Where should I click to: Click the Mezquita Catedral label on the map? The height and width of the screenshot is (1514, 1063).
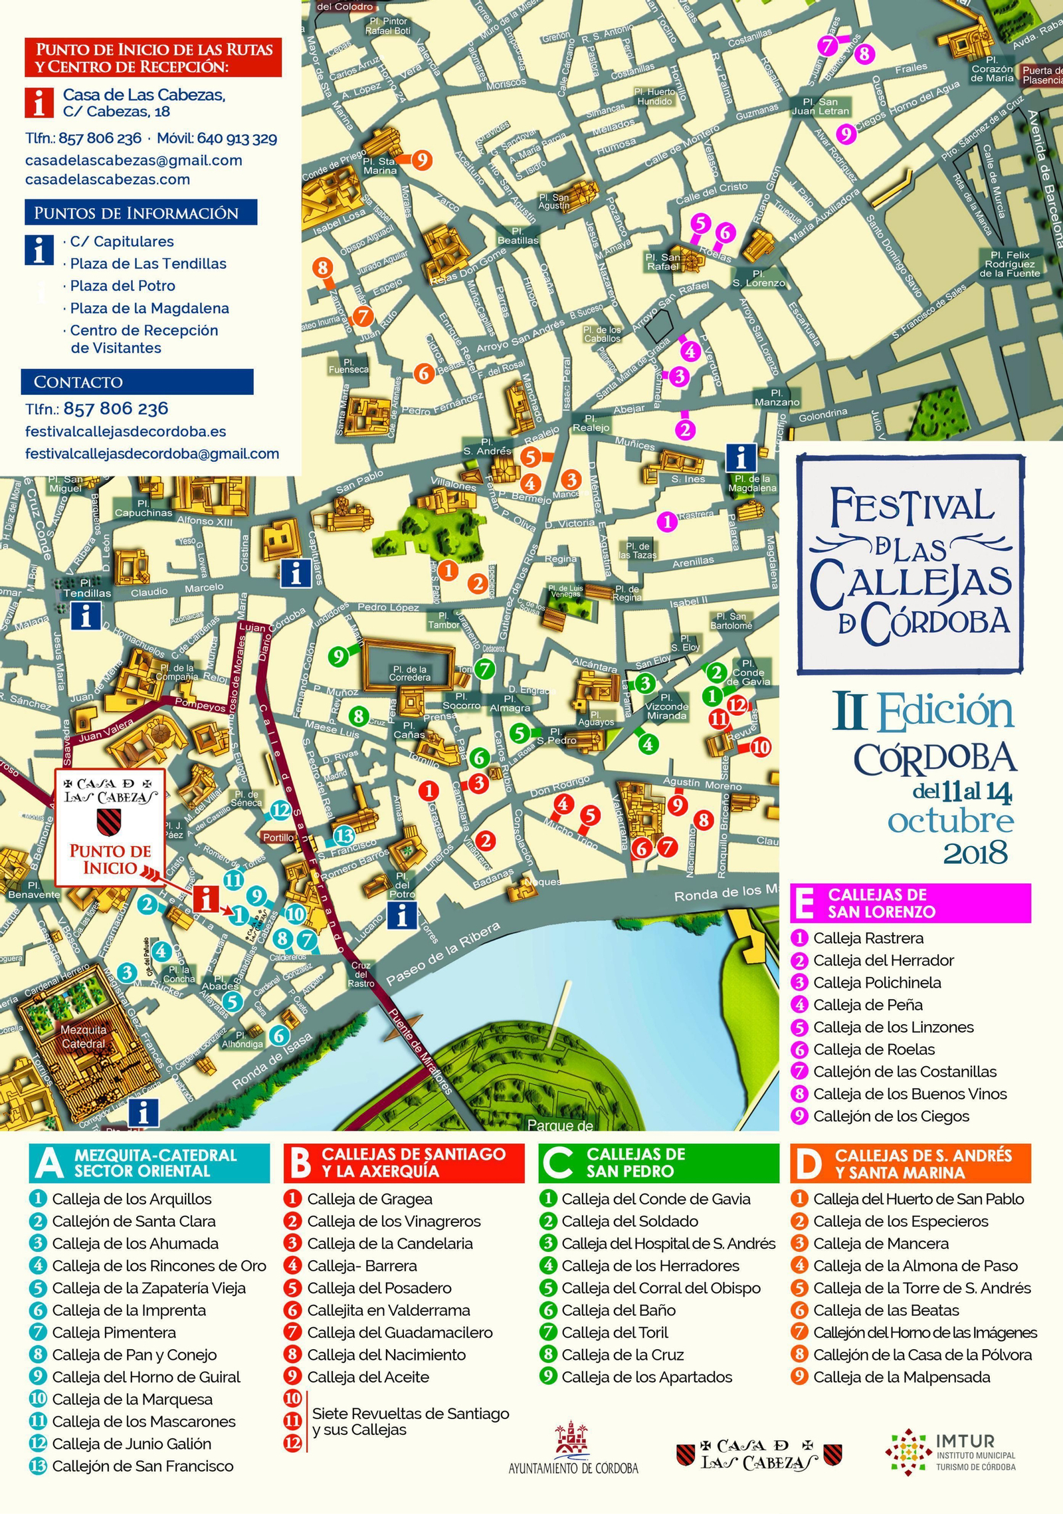[83, 1037]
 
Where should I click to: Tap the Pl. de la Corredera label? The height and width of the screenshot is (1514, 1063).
[410, 673]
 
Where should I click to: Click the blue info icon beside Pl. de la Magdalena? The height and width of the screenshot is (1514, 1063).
[741, 457]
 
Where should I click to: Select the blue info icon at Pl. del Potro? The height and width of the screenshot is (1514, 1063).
[402, 917]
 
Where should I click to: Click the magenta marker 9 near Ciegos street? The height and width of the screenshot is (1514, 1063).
[845, 134]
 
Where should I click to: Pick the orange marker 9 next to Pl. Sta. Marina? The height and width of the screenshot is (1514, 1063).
[421, 160]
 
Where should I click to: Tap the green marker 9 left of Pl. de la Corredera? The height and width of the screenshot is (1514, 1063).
[338, 657]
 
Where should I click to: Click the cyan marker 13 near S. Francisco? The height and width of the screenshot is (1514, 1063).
[343, 835]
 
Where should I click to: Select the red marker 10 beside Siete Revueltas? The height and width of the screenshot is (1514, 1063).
[760, 747]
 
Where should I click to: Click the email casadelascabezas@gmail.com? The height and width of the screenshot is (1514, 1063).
[134, 160]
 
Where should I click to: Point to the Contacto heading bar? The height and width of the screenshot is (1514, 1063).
[137, 381]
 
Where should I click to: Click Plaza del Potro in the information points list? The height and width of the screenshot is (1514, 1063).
[123, 286]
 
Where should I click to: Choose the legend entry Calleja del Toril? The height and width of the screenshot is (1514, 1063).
[615, 1333]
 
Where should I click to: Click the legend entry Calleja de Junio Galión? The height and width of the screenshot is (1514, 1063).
[132, 1444]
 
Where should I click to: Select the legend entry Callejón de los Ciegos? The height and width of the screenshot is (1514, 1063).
[891, 1116]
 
